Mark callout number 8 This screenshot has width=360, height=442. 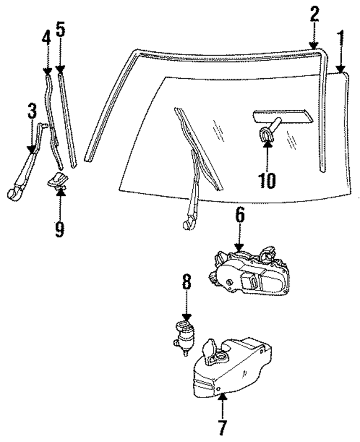186,283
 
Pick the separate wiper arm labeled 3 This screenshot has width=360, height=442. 25,169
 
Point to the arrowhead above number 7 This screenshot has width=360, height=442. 222,398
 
